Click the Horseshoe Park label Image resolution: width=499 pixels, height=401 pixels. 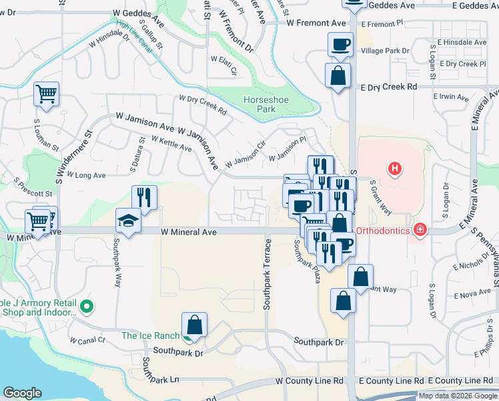pos(260,104)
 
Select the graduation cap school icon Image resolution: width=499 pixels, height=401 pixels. pos(127,220)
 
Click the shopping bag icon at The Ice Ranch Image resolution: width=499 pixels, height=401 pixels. pos(193,325)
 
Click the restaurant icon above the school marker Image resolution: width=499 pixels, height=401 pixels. pos(144,197)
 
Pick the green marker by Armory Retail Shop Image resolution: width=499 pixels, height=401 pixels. pos(86,307)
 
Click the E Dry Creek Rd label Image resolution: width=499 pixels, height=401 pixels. pos(388,87)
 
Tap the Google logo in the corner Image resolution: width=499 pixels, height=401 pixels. pos(23,393)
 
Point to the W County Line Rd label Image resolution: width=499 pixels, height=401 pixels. pos(310,380)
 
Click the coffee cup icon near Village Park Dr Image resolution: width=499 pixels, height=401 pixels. pos(340,45)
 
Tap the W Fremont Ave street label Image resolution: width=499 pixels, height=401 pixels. pos(316,23)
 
